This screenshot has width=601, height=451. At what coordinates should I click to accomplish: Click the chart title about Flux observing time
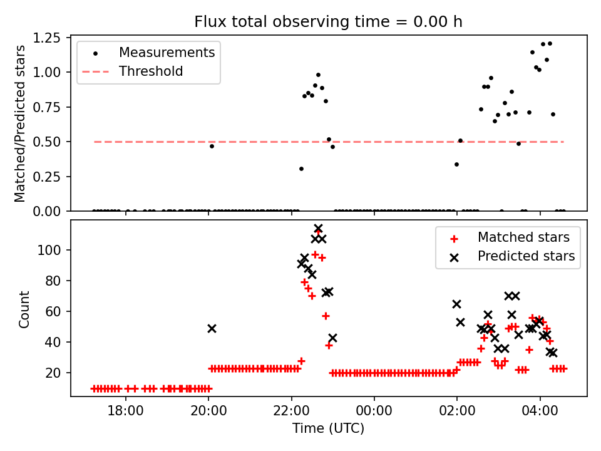pos(328,22)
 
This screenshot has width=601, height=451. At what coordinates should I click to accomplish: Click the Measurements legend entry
pos(167,52)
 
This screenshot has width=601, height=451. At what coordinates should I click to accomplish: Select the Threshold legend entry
pos(151,71)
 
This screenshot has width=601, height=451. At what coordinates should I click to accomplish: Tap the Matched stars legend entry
pos(523,237)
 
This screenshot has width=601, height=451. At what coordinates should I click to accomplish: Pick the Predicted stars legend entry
pos(526,256)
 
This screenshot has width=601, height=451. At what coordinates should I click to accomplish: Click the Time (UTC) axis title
pos(328,428)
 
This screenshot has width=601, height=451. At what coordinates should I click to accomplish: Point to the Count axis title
pos(24,309)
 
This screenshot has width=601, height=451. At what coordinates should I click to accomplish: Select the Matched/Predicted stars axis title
pos(20,123)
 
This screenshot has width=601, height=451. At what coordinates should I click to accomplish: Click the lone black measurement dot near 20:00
pos(212,146)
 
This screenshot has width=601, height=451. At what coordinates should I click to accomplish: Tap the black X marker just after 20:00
pos(212,328)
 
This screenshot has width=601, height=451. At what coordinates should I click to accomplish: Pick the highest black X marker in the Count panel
pos(318,229)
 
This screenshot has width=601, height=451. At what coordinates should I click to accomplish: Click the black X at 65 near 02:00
pos(456,304)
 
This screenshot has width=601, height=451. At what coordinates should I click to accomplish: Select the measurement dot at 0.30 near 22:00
pos(301,168)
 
